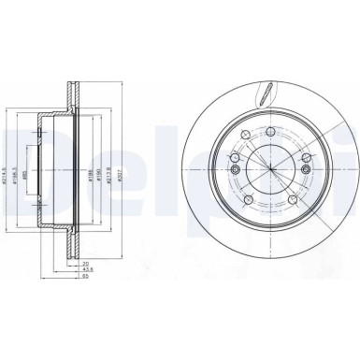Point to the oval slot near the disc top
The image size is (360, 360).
267,95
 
